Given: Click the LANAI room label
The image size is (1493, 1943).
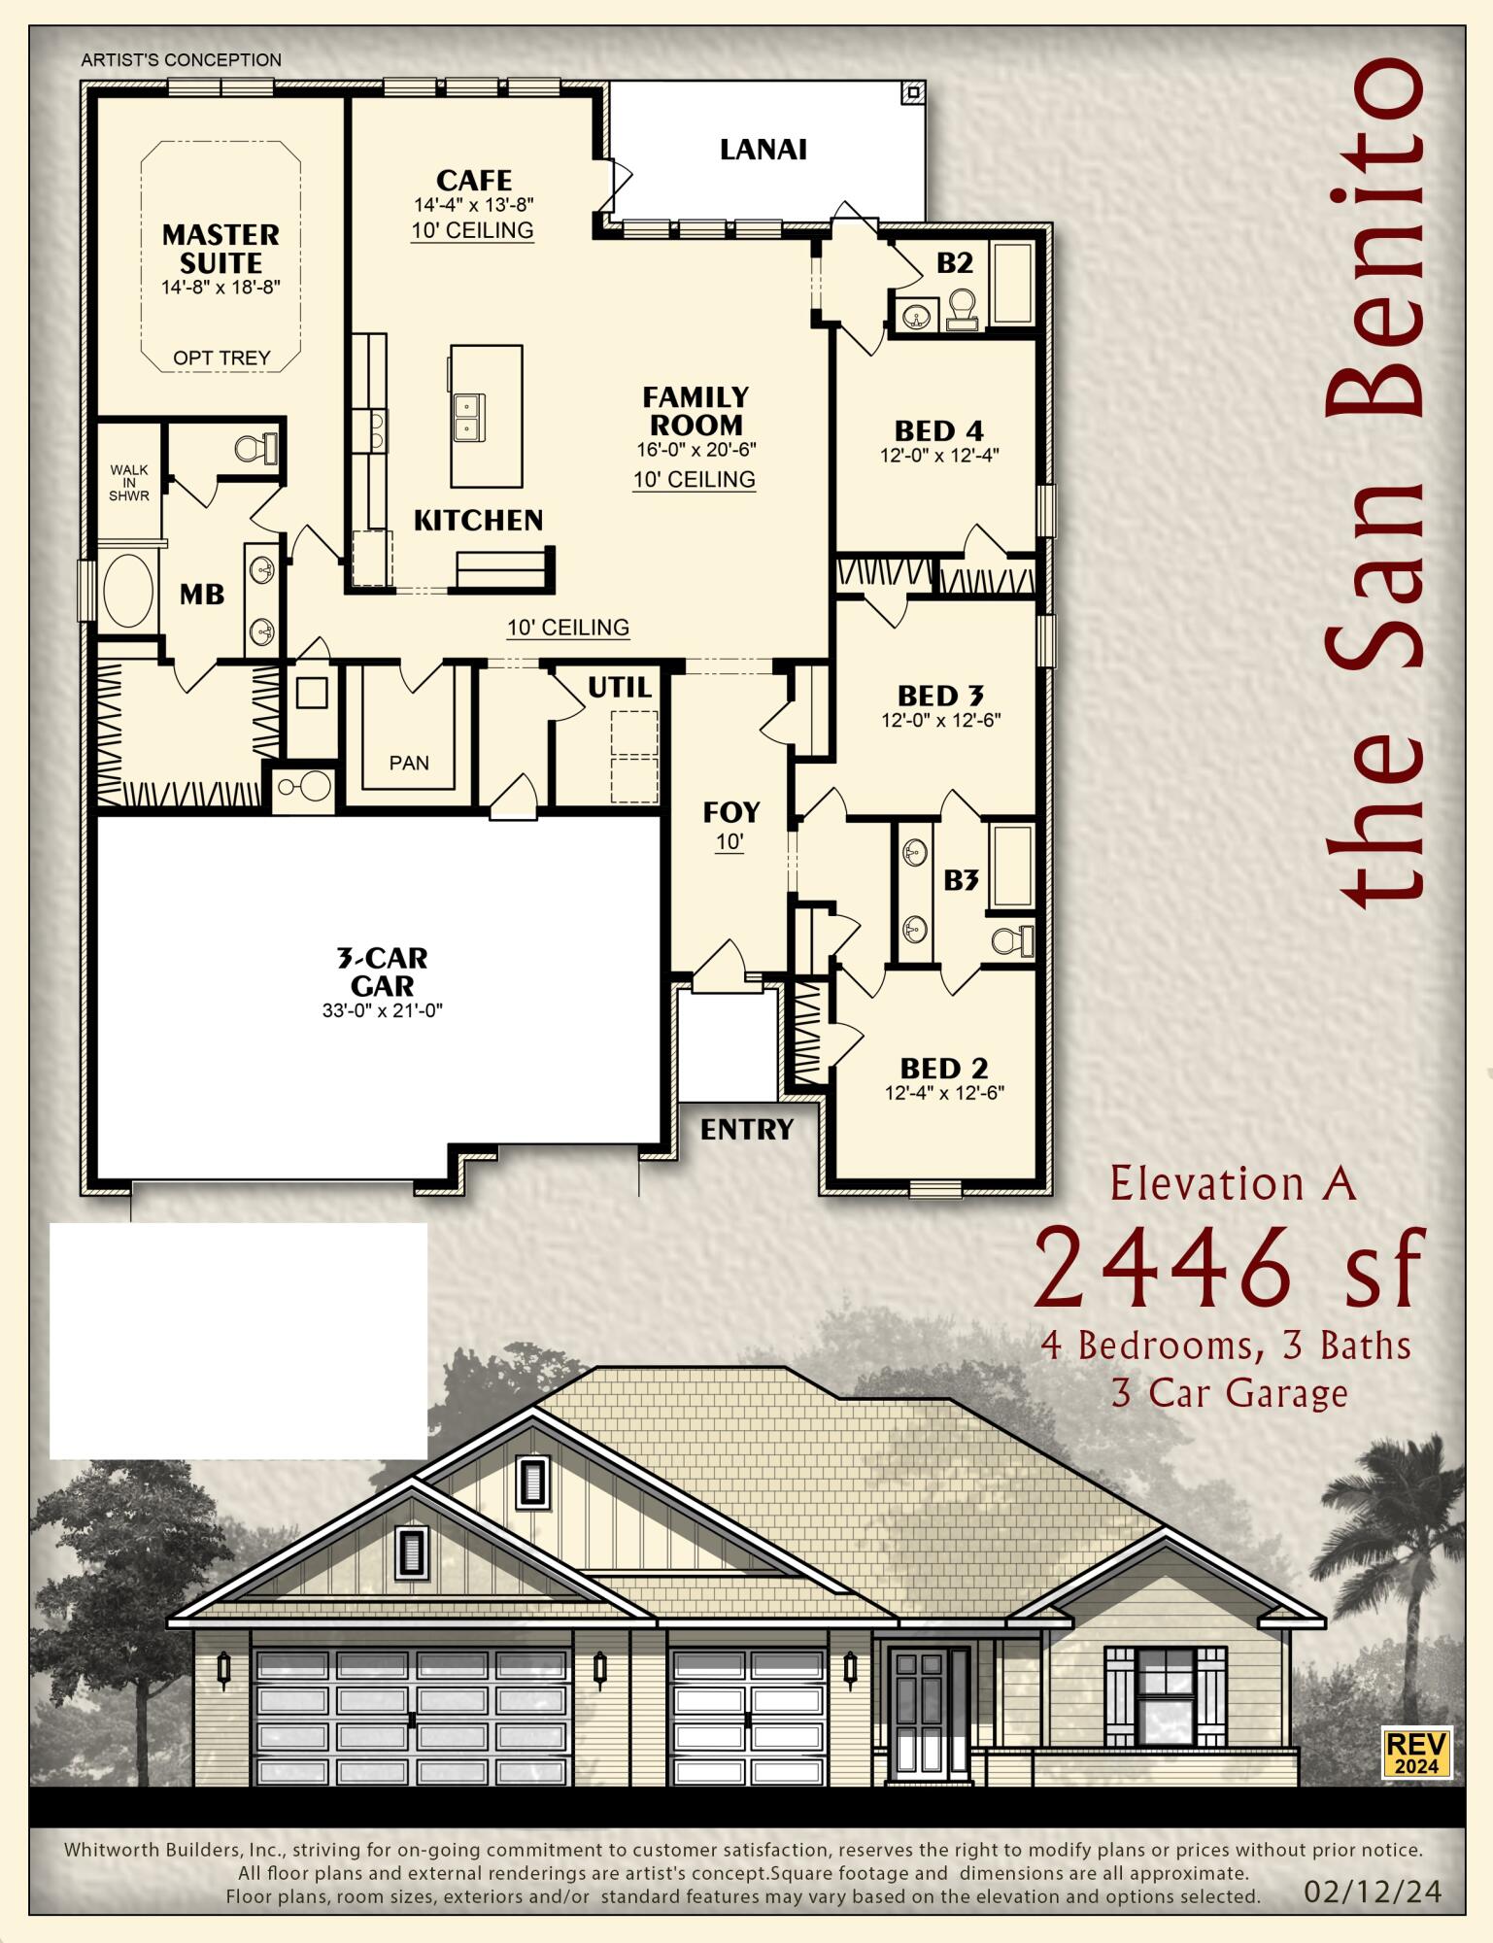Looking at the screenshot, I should click(x=763, y=150).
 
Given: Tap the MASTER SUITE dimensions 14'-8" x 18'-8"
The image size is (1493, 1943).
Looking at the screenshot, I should click(x=221, y=288).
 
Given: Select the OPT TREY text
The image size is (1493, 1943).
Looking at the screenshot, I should click(x=221, y=358).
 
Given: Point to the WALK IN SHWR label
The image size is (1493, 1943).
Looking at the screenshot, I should click(x=129, y=483).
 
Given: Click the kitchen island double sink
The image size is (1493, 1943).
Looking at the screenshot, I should click(x=468, y=416).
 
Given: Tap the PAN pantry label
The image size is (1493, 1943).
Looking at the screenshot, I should click(x=409, y=764).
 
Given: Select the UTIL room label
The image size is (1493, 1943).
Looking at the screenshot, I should click(x=620, y=689).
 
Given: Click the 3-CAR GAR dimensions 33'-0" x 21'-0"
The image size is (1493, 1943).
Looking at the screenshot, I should click(x=382, y=1011).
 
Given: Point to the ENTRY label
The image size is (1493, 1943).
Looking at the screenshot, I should click(x=747, y=1130).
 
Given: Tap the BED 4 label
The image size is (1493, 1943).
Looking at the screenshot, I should click(x=938, y=430).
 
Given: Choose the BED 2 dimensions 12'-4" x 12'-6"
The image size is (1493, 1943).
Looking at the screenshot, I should click(x=943, y=1093).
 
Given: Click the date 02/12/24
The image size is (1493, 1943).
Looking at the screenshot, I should click(x=1372, y=1892).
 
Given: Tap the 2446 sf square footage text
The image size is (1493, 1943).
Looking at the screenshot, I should click(x=1229, y=1268).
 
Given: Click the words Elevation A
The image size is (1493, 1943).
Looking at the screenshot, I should click(x=1232, y=1184).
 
